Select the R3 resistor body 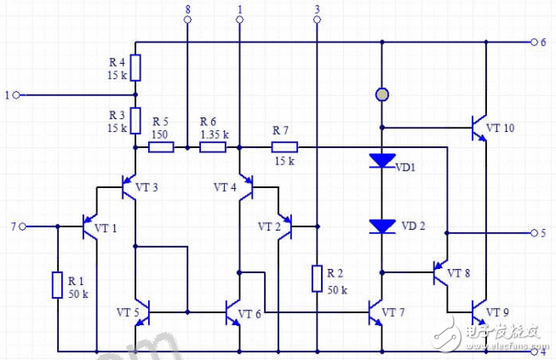[135, 120]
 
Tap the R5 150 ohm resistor [162, 147]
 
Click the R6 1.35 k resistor [213, 147]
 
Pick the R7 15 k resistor [284, 147]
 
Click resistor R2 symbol [317, 278]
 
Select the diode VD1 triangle [381, 160]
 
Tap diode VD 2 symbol [381, 226]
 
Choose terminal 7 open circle [24, 226]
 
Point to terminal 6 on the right [534, 42]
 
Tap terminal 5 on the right [534, 231]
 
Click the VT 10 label [500, 128]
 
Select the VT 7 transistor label [393, 313]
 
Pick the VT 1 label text [106, 227]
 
